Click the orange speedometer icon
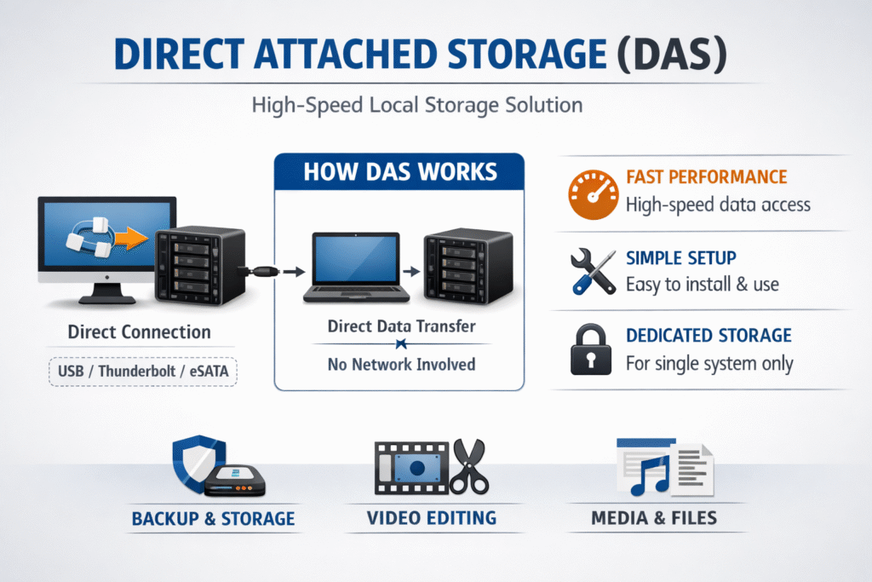point(592,192)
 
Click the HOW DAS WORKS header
point(399,171)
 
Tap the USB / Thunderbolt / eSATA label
point(141,372)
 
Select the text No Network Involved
point(401,365)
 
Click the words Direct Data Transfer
point(401,326)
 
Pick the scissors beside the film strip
point(468,467)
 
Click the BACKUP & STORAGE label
point(213,518)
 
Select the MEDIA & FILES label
point(654,517)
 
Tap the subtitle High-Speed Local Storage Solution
point(417,106)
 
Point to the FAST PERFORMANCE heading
point(706,177)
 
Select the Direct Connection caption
point(139,331)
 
